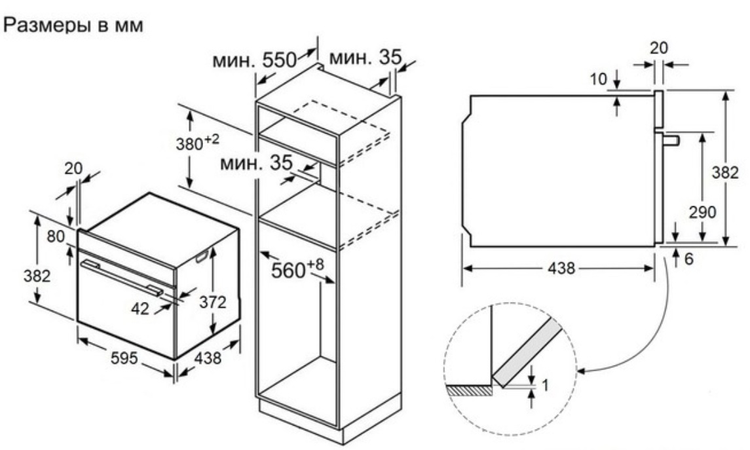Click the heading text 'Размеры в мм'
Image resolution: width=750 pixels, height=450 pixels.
73,26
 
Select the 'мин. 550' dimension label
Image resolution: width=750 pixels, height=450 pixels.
255,60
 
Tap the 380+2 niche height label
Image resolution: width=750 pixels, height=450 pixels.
198,143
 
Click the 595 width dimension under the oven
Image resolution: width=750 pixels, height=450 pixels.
124,358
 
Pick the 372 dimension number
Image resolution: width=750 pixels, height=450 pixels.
212,302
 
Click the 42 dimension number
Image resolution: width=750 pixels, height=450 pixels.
140,309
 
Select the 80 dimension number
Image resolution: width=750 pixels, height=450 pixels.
56,236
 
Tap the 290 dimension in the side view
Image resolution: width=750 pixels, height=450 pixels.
702,212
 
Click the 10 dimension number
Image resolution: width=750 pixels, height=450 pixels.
598,79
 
